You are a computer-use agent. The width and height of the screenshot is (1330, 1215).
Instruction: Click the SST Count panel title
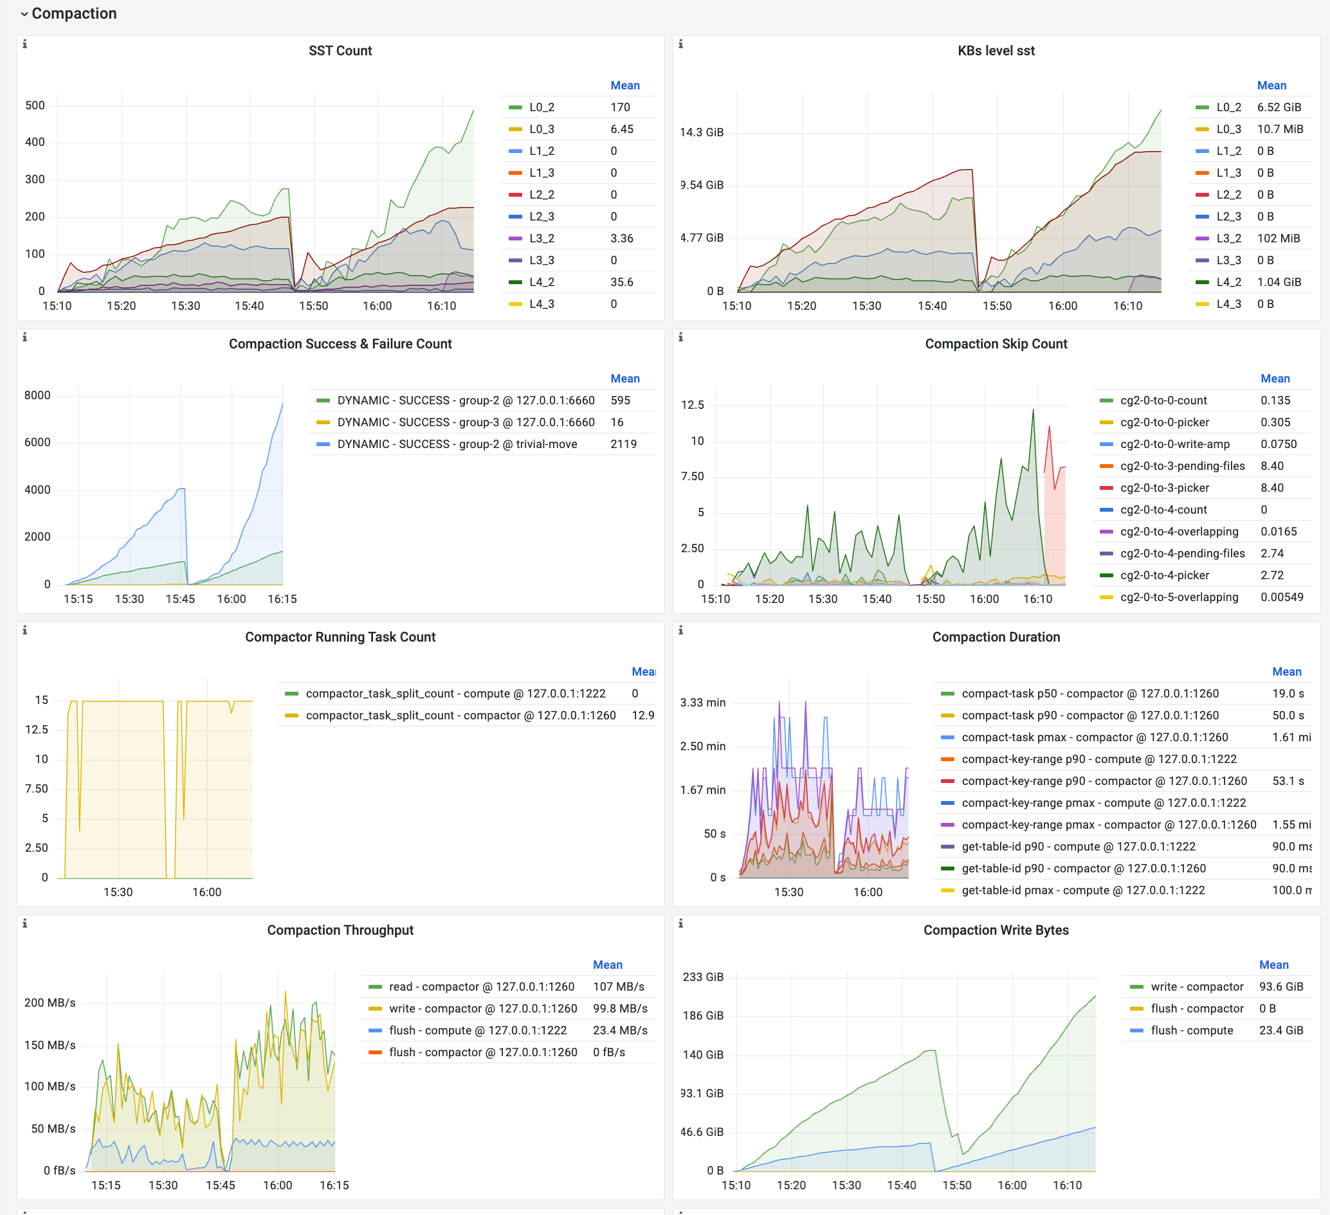pos(340,51)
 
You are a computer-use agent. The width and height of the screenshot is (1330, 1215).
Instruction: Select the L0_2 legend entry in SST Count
pos(541,107)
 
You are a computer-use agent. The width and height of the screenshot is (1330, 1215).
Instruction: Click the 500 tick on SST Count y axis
pos(35,105)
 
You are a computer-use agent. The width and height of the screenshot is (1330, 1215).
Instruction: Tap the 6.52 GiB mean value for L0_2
pos(1279,107)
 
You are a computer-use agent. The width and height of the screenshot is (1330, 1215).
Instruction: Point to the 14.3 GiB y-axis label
pos(701,132)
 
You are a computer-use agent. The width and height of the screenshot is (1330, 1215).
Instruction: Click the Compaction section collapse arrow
pos(24,14)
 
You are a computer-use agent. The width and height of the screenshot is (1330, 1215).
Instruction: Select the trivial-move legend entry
pos(457,444)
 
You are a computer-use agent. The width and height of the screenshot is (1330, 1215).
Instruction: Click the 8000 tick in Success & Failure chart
pos(37,395)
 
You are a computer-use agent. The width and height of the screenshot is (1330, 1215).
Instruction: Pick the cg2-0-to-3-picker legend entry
pos(1164,487)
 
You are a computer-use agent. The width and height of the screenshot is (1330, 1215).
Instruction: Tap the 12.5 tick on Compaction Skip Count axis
pos(692,404)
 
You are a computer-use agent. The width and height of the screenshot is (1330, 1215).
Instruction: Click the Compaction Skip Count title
pos(996,344)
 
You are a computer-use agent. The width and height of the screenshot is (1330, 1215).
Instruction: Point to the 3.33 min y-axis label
pos(702,703)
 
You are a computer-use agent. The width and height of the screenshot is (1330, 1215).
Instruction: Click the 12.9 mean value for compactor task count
pos(642,715)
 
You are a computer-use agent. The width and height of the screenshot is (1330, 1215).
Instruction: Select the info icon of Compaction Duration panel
pos(680,630)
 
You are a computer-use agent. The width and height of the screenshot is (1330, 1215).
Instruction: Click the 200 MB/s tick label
pos(50,1003)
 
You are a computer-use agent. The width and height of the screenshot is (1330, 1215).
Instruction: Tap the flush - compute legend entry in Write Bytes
pos(1191,1030)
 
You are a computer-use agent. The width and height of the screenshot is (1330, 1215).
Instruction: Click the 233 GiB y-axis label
pos(702,977)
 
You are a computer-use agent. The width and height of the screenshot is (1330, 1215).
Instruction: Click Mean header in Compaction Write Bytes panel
pos(1273,965)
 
